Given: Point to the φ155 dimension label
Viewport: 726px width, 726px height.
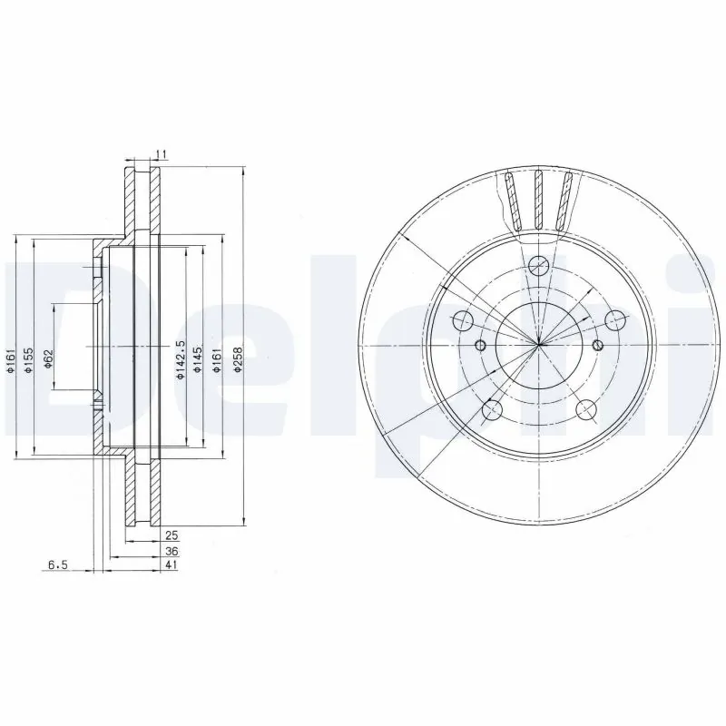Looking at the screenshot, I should click(28, 358).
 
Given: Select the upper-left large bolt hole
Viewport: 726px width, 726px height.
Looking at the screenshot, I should click(462, 320).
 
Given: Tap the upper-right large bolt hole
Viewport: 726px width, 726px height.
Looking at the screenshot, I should click(616, 320).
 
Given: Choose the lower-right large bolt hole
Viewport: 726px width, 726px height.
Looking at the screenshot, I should click(586, 410).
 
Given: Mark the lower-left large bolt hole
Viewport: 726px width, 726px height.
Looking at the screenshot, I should click(492, 410).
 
